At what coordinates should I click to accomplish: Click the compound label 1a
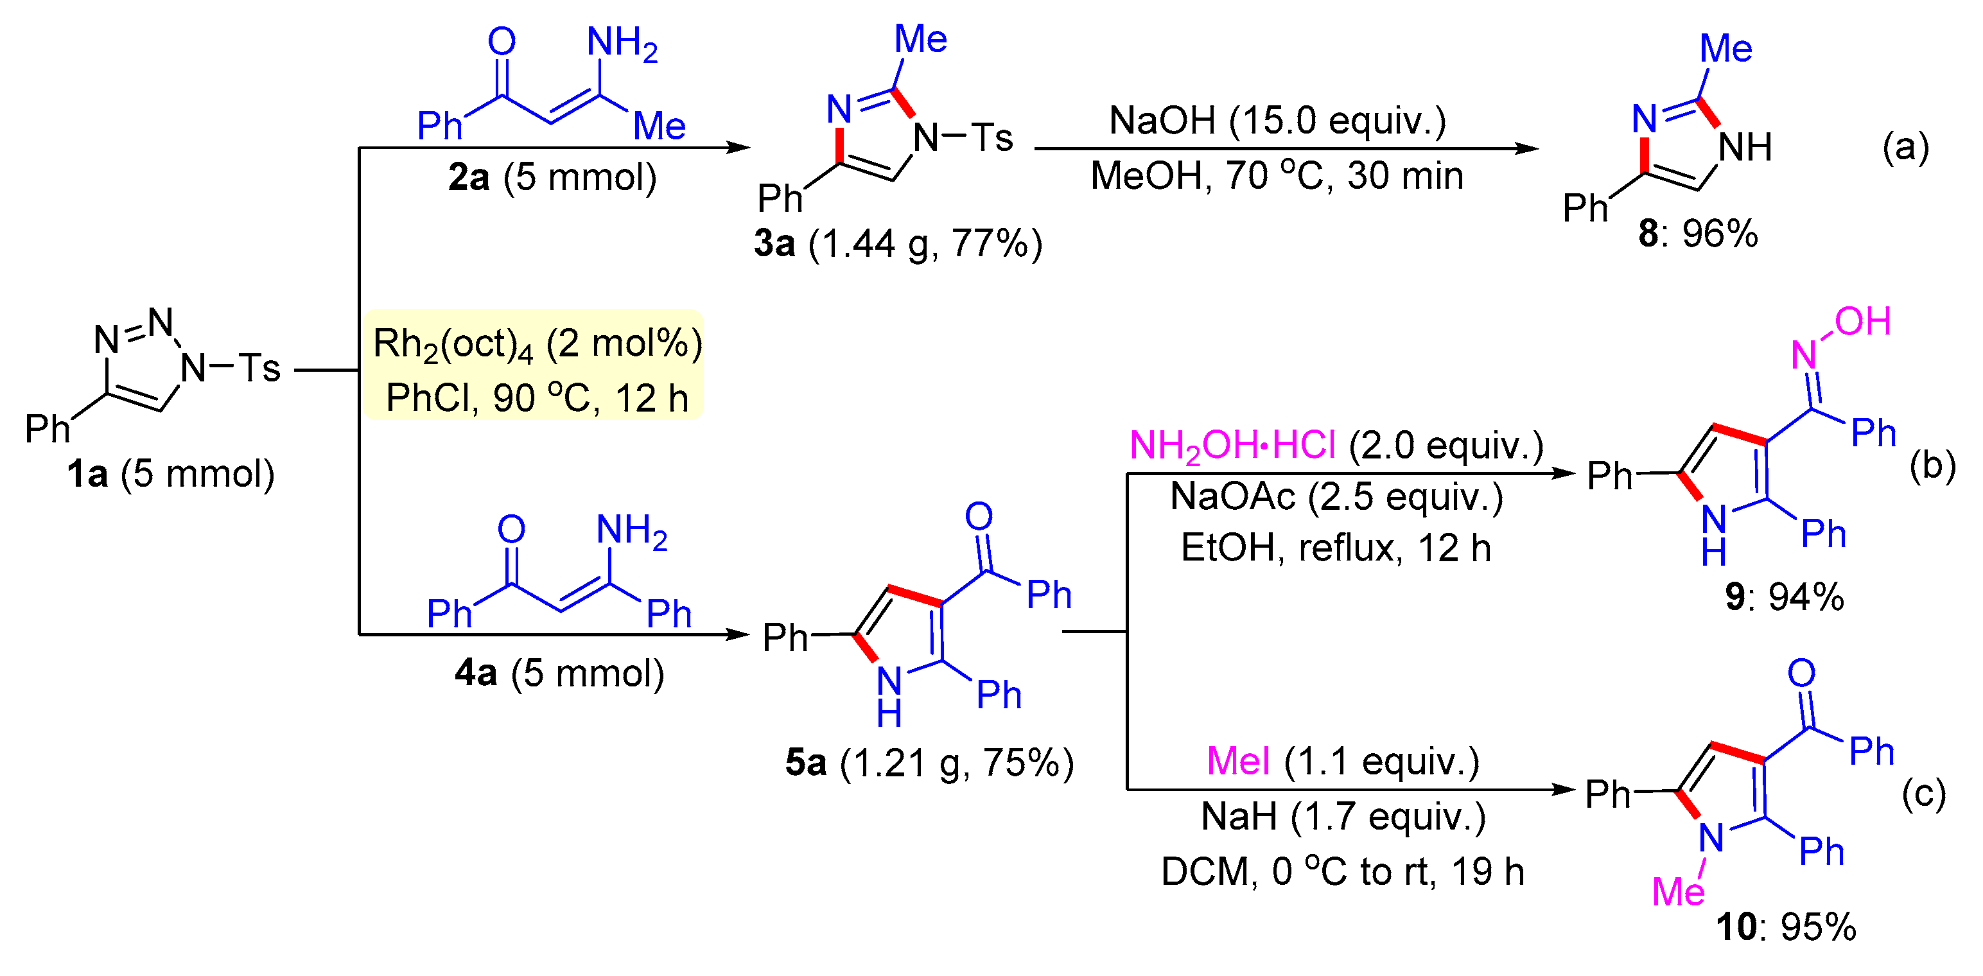pyautogui.click(x=87, y=474)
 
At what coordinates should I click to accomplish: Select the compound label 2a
pyautogui.click(x=469, y=178)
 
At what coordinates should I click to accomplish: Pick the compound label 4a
pyautogui.click(x=476, y=674)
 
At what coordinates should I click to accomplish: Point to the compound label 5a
pyautogui.click(x=806, y=763)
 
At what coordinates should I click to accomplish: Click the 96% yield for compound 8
pyautogui.click(x=1720, y=233)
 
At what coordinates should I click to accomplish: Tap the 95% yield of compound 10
pyautogui.click(x=1818, y=927)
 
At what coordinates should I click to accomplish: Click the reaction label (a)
pyautogui.click(x=1905, y=147)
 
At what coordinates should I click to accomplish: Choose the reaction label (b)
pyautogui.click(x=1932, y=466)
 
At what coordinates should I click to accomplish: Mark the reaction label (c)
pyautogui.click(x=1924, y=794)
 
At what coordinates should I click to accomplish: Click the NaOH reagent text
pyautogui.click(x=1162, y=121)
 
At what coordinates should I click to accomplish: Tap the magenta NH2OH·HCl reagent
pyautogui.click(x=1232, y=446)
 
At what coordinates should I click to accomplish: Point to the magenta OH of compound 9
pyautogui.click(x=1862, y=322)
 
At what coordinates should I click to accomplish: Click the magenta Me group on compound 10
pyautogui.click(x=1678, y=892)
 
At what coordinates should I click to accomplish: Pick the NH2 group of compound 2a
pyautogui.click(x=622, y=43)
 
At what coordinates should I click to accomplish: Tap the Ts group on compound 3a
pyautogui.click(x=991, y=138)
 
